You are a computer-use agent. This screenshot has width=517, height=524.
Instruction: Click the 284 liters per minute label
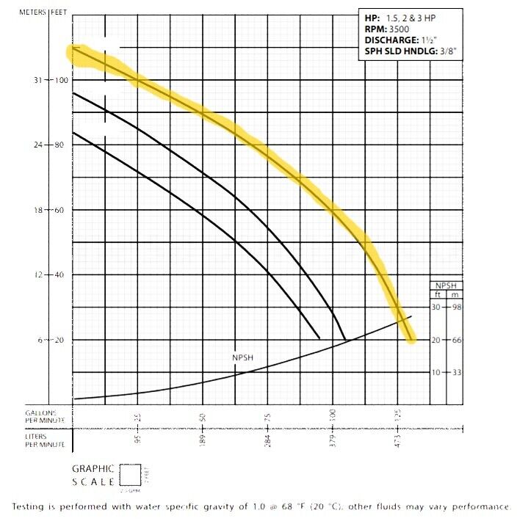(x=268, y=441)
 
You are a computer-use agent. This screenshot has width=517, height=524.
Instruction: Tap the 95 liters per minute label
(x=138, y=441)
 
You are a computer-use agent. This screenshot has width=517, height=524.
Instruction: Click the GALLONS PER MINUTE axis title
(x=45, y=417)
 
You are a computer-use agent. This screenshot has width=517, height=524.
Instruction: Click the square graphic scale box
(x=130, y=474)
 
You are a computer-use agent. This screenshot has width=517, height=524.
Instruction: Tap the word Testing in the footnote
(x=29, y=507)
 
